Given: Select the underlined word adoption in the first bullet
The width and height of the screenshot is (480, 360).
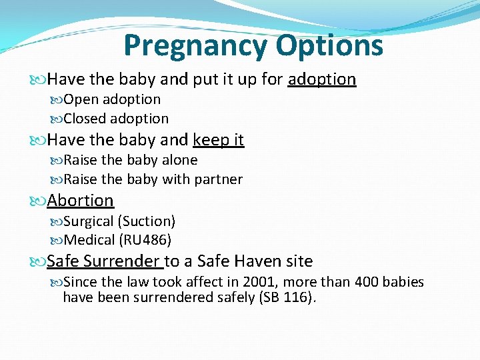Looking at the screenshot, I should coord(322,79).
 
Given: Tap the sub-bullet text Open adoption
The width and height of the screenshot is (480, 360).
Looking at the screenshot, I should coord(111,99).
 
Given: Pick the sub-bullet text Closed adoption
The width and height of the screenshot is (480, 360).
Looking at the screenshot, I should coord(115,119).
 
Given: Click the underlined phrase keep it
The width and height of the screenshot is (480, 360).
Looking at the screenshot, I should coord(218,140).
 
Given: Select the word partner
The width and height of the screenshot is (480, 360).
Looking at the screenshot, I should coord(219,179).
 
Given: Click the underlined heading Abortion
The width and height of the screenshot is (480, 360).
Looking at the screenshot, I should coord(80,200).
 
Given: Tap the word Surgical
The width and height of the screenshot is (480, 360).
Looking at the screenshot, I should coord(88,221).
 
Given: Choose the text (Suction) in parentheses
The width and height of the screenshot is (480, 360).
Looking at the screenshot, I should coord(146,221).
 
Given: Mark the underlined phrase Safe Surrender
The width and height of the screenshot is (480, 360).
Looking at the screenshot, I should coord(104,261).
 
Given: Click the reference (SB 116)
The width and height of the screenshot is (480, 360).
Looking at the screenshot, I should coord(287,297).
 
